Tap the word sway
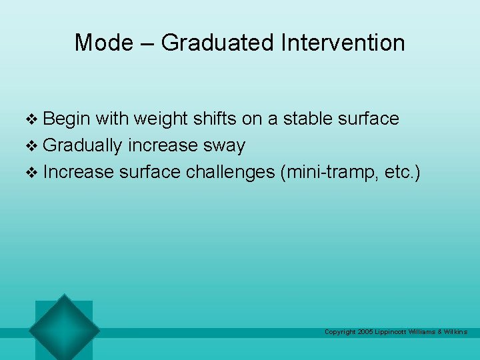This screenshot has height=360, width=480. (226, 146)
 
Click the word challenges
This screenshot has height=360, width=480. (230, 172)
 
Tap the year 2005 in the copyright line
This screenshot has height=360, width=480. (365, 332)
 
